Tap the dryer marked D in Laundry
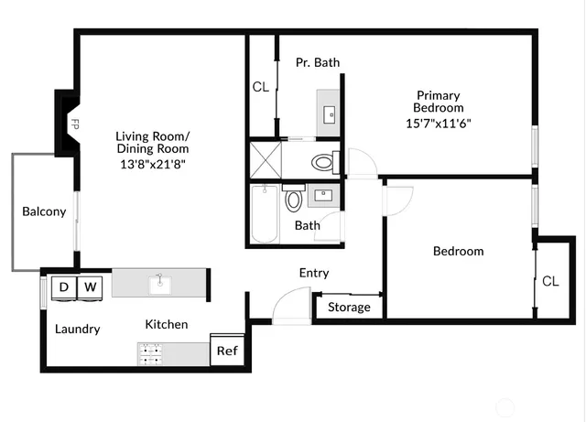point(64,287)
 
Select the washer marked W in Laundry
point(90,287)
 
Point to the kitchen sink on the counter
point(159,283)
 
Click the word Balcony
point(44,211)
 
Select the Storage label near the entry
point(349,307)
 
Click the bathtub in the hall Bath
point(265,214)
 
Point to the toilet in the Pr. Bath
point(322,164)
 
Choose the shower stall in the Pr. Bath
point(264,159)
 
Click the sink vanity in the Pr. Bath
point(328,111)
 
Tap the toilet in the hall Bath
point(294,200)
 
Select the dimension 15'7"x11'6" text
point(438,123)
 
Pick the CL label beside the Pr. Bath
point(260,88)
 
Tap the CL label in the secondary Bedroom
point(549,281)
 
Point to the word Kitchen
point(167,324)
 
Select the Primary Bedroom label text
point(438,102)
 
